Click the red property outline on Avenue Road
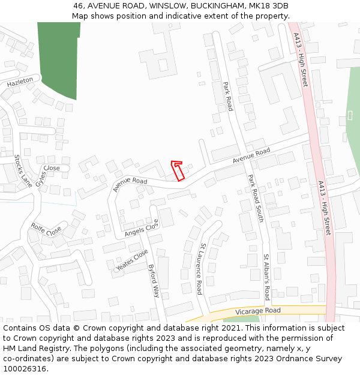[178, 170]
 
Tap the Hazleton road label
[20, 83]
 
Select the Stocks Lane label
[23, 170]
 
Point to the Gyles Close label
[47, 175]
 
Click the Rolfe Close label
[46, 230]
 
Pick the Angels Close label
[141, 228]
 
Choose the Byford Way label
[154, 281]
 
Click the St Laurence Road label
[200, 268]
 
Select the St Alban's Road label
[266, 277]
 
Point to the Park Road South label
[256, 198]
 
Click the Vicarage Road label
[257, 311]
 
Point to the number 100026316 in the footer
[25, 369]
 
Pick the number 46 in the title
[79, 6]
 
